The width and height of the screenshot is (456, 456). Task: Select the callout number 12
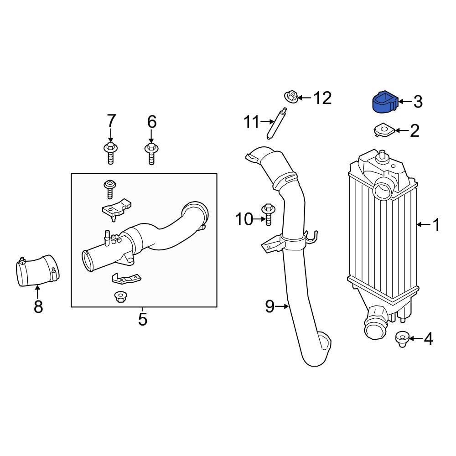322,98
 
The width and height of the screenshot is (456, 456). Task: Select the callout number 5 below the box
142,319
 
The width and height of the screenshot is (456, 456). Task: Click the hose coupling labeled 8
37,273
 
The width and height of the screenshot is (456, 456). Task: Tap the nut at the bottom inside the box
120,297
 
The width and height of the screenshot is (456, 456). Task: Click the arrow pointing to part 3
404,102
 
